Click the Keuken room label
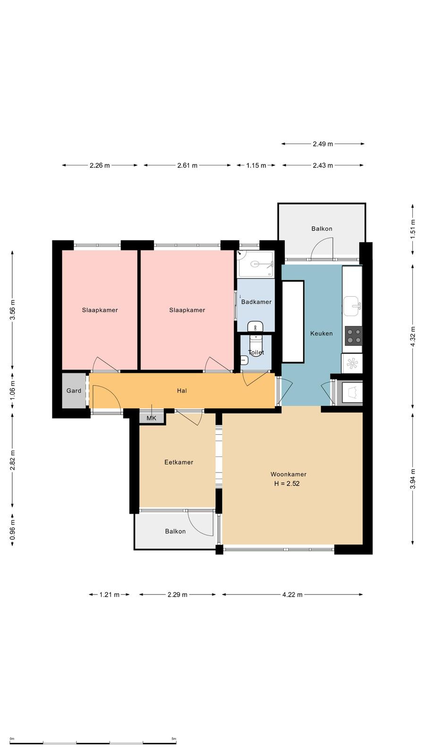(x=322, y=334)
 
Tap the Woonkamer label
(x=289, y=474)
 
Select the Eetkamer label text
(x=179, y=463)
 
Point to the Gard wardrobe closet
(x=74, y=390)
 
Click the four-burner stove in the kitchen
(x=354, y=335)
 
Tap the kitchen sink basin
(x=351, y=306)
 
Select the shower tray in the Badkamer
(x=255, y=264)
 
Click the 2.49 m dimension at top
(x=323, y=144)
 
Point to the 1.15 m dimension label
(x=256, y=165)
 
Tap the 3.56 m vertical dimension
(x=12, y=310)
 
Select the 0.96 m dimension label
(x=12, y=530)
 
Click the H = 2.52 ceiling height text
(x=287, y=484)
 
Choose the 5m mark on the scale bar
(x=174, y=739)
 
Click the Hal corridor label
(x=182, y=391)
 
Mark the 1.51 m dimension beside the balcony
(x=413, y=229)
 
